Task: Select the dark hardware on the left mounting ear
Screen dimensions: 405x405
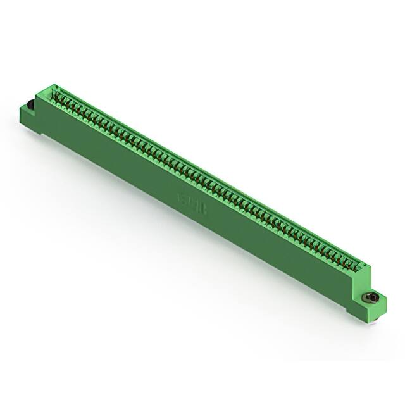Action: point(29,104)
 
